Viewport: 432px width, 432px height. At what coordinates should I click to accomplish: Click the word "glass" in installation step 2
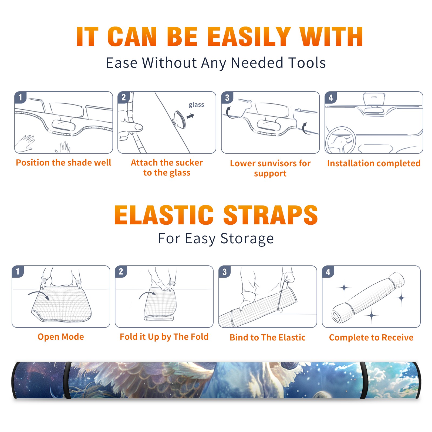[x=196, y=105]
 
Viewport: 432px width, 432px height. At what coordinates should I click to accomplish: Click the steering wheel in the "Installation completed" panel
[x=340, y=140]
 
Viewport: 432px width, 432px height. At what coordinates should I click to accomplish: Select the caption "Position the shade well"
[x=63, y=163]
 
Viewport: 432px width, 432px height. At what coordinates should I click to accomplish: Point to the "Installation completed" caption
[x=374, y=163]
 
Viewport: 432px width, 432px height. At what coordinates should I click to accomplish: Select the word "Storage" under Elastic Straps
[x=247, y=239]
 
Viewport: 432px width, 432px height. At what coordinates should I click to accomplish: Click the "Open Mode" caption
[x=61, y=337]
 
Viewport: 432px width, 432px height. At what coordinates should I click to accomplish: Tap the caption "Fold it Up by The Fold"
[x=164, y=337]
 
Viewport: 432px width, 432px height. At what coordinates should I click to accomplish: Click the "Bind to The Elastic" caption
[x=268, y=337]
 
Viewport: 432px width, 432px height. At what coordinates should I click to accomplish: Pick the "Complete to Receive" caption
[x=371, y=337]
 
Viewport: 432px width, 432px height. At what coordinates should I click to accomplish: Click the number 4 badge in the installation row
[x=331, y=97]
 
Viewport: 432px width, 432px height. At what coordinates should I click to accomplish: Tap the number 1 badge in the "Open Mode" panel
[x=18, y=271]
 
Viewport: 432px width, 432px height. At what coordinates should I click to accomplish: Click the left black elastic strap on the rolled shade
[x=67, y=380]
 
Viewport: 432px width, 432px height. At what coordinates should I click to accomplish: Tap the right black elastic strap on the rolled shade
[x=363, y=380]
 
